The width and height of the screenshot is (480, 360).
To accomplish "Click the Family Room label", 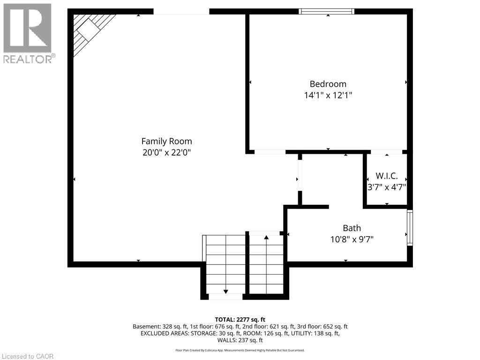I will pyautogui.click(x=166, y=141).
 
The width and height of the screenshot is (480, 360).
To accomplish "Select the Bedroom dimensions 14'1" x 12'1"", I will pyautogui.click(x=328, y=95).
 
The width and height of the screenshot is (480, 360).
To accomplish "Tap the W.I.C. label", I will pyautogui.click(x=387, y=176).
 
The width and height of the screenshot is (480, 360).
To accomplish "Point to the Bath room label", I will pyautogui.click(x=352, y=228).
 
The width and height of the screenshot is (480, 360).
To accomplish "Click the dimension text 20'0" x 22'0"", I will pyautogui.click(x=166, y=152).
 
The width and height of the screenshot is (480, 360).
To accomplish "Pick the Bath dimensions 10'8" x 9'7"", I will pyautogui.click(x=352, y=239).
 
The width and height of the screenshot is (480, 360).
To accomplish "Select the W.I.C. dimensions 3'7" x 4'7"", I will pyautogui.click(x=387, y=187).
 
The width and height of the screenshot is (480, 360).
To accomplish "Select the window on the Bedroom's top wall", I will pyautogui.click(x=327, y=11).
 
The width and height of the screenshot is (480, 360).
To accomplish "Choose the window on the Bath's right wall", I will pyautogui.click(x=410, y=228).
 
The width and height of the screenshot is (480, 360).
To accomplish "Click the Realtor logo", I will pyautogui.click(x=28, y=33).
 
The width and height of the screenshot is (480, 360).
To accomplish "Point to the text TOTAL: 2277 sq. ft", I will pyautogui.click(x=240, y=319).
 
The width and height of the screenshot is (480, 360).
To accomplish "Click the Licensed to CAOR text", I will pyautogui.click(x=27, y=356).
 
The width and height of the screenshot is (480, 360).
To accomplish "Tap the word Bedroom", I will pyautogui.click(x=328, y=84).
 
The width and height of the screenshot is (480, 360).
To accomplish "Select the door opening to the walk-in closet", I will pyautogui.click(x=387, y=152).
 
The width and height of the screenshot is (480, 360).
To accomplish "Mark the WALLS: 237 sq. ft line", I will pyautogui.click(x=240, y=340).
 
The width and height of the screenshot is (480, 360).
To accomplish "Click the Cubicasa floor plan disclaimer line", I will pyautogui.click(x=240, y=350).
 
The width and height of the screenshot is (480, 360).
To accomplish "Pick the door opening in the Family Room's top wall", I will pyautogui.click(x=181, y=11).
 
